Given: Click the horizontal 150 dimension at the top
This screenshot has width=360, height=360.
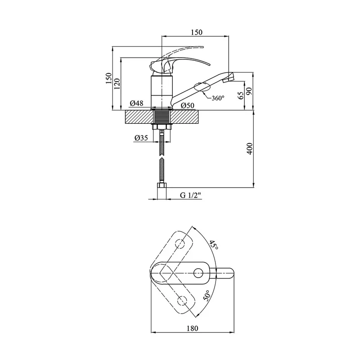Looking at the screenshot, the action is coord(197,32).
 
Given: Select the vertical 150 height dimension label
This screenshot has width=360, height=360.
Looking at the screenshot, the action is coord(108,78).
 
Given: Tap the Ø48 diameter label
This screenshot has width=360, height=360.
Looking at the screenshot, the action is coord(136,103).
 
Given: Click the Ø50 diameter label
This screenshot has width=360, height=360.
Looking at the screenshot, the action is coord(187,105).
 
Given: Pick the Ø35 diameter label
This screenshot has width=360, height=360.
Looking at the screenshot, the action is coord(141,138).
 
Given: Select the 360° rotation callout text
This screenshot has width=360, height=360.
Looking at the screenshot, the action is coord(218,98).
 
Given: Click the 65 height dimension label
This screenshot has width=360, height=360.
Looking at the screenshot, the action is coord(241,95).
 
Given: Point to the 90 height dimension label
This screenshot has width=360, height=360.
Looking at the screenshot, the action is coord(249,91).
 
